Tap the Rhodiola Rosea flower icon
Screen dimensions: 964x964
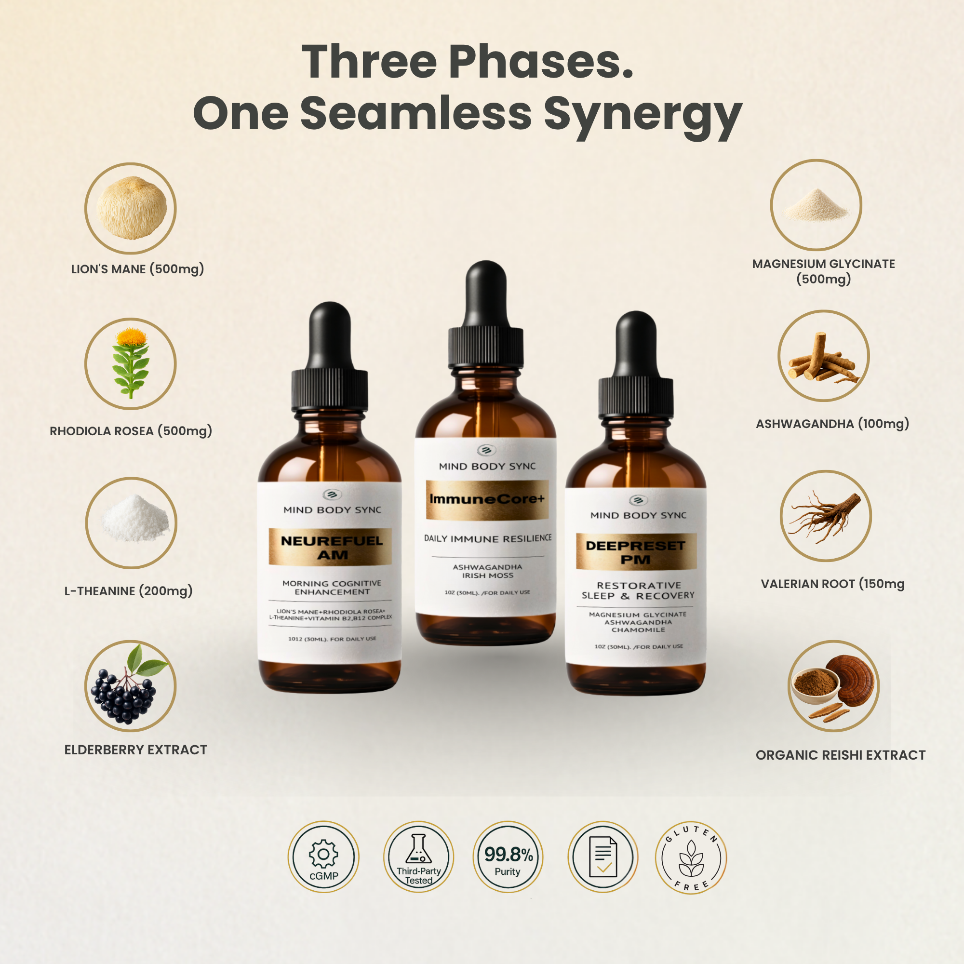point(131,363)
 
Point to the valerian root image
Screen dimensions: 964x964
point(825,517)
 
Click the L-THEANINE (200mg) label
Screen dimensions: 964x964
point(128,591)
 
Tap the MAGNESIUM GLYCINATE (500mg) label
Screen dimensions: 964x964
point(823,271)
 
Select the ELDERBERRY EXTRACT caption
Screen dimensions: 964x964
point(136,750)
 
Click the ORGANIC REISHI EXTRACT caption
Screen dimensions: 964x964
point(840,755)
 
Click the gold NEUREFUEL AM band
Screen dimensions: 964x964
point(330,547)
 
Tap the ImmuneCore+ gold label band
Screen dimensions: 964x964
point(487,499)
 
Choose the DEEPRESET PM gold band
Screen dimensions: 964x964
point(636,552)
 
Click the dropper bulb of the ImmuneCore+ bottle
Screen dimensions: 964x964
point(486,295)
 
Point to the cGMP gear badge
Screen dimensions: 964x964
point(323,857)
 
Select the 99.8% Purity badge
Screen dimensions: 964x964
point(508,857)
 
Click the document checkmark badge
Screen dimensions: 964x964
point(603,857)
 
